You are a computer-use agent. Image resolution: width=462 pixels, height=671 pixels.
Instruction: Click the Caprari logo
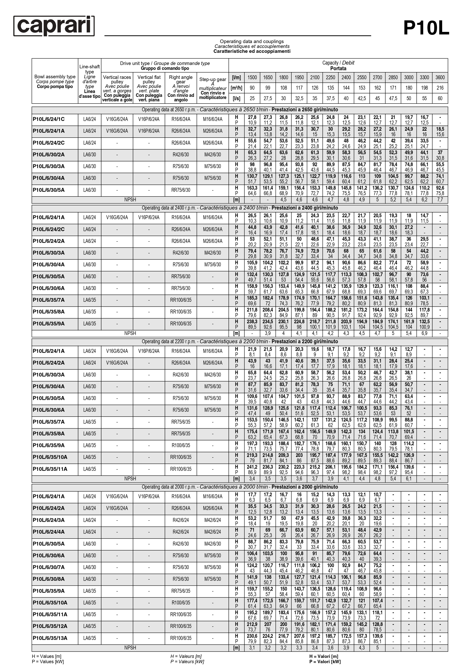pyautogui.click(x=54, y=26)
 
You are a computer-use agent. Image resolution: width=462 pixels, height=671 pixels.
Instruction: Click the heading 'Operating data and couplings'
pyautogui.click(x=252, y=41)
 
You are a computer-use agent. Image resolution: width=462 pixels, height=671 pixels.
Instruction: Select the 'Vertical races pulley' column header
pyautogui.click(x=117, y=88)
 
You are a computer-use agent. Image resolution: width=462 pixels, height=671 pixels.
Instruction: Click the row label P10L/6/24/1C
pyautogui.click(x=49, y=119)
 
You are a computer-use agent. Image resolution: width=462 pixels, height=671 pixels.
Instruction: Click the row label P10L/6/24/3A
pyautogui.click(x=49, y=520)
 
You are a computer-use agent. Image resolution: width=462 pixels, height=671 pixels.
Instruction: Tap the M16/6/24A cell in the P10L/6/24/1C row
pyautogui.click(x=213, y=119)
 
